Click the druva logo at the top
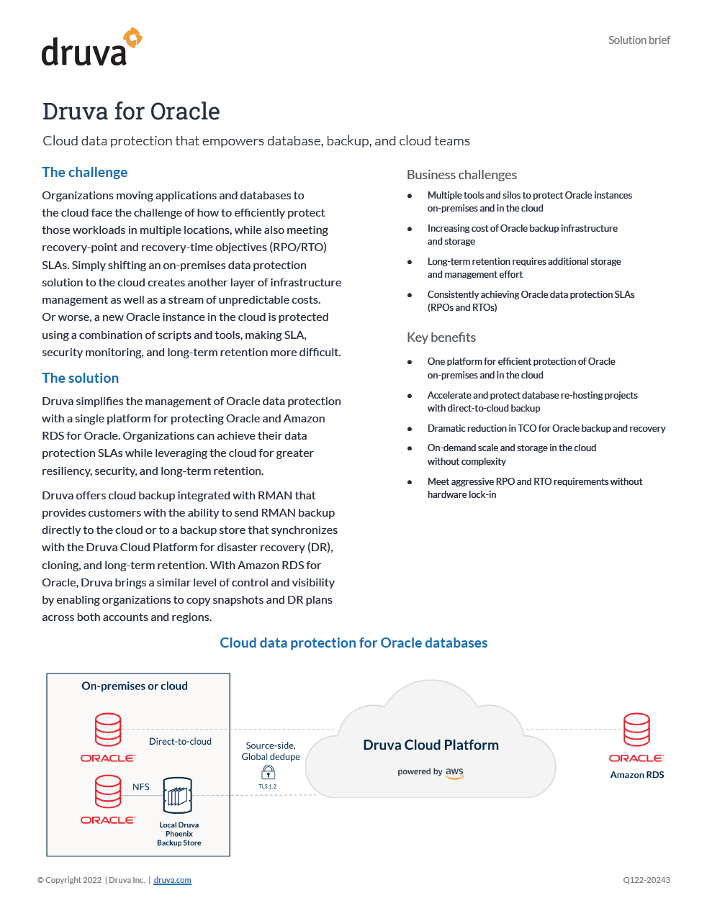coord(91,48)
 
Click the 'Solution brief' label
coord(639,40)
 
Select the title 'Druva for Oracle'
coord(131,112)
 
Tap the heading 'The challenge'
coord(84,172)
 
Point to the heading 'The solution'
coord(80,378)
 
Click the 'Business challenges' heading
coord(461,175)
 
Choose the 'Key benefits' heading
coord(441,337)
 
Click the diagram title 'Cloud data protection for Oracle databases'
coord(353,643)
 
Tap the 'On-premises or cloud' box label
coord(135,686)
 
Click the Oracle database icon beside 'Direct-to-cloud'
coord(108,730)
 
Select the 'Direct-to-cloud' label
coord(180,741)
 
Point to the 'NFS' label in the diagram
coord(141,786)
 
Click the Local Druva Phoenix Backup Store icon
coord(178,796)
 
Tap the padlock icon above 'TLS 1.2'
coord(268,772)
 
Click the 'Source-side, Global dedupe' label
coord(271,751)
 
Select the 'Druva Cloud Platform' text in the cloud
coord(431,745)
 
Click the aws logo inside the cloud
coord(454,772)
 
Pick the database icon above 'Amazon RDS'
coord(636,730)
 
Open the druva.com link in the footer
coord(172,880)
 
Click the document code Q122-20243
coord(646,880)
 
